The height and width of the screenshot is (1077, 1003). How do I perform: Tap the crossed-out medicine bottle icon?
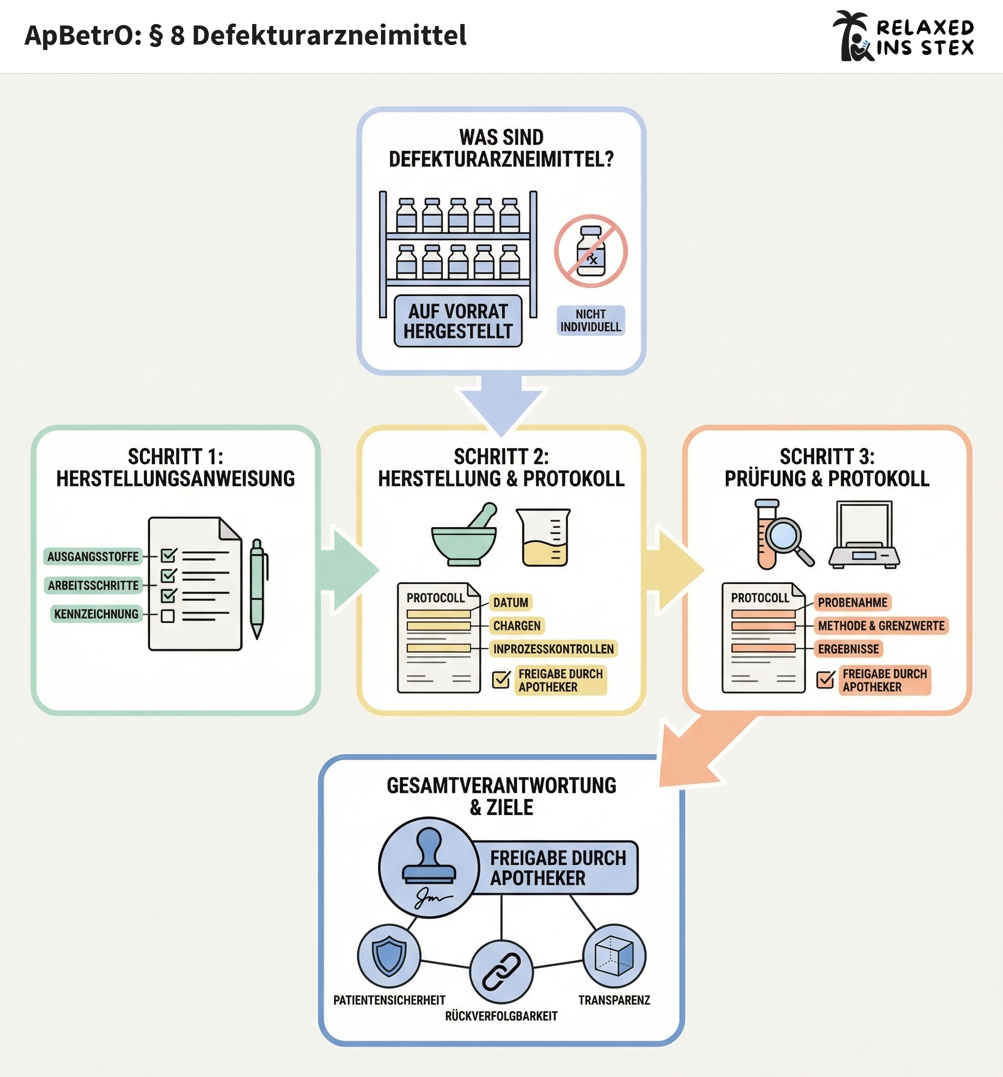[x=590, y=251]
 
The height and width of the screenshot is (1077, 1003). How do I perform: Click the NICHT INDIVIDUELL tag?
[x=590, y=320]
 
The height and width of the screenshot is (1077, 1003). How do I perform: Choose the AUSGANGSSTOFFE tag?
[x=93, y=556]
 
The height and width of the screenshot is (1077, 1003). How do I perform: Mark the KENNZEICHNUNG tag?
[x=96, y=614]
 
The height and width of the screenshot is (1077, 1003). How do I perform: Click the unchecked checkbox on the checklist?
[x=168, y=616]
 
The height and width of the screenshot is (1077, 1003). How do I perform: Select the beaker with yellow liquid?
[x=543, y=538]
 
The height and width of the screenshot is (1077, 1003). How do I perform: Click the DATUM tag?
[x=510, y=602]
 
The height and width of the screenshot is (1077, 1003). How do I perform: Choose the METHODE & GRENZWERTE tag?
[x=881, y=626]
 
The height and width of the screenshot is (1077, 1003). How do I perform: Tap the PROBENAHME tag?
[x=853, y=602]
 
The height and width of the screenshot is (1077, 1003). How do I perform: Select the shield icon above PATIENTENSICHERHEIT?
[x=389, y=957]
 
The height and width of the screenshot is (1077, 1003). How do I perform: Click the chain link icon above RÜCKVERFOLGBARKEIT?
[x=501, y=972]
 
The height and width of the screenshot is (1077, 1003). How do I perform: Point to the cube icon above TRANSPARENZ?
[x=614, y=956]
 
